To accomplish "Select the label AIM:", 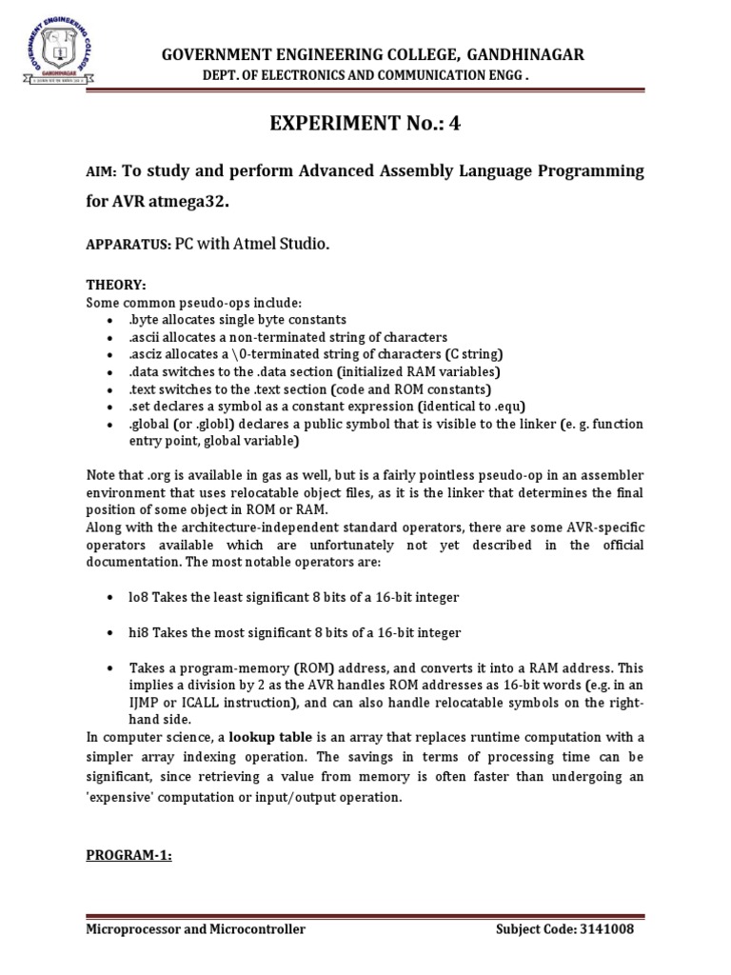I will click(100, 172).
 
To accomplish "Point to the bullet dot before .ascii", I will click(112, 337).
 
